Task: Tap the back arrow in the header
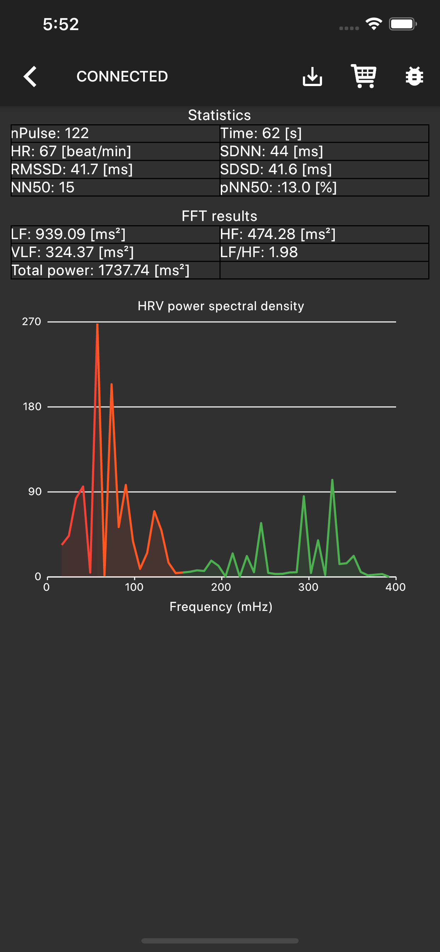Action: click(30, 76)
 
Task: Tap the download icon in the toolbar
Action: click(312, 76)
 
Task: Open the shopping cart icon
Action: click(364, 76)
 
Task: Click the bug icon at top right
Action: click(414, 76)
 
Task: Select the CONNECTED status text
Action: click(122, 76)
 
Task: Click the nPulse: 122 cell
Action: click(115, 134)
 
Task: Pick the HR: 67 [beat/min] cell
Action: click(115, 152)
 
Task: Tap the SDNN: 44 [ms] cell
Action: click(324, 152)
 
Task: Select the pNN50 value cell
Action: click(324, 187)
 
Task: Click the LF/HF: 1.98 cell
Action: click(324, 253)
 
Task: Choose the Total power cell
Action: click(115, 271)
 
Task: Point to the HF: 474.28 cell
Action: click(324, 234)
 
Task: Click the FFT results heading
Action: click(220, 216)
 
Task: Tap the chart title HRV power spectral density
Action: click(221, 306)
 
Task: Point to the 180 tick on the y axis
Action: click(32, 407)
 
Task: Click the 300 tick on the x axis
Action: click(308, 587)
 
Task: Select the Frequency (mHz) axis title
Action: click(221, 607)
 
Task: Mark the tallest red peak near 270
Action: click(97, 325)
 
